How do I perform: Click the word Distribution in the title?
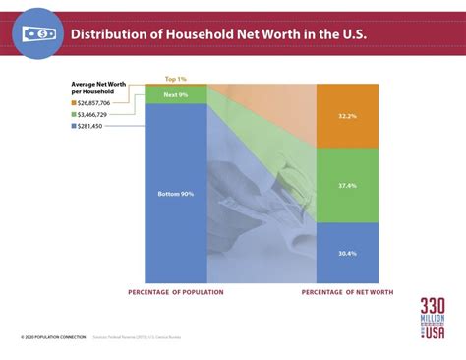point(117,34)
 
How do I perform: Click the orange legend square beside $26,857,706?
point(74,101)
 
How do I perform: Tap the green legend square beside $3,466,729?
point(74,113)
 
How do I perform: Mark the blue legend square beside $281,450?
point(74,125)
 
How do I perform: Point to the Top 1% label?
point(175,79)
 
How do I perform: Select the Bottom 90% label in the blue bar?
point(176,193)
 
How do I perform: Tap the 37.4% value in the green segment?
point(347,184)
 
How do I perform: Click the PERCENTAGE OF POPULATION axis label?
point(177,293)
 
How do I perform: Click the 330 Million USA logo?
point(432,319)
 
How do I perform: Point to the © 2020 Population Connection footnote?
point(48,337)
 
